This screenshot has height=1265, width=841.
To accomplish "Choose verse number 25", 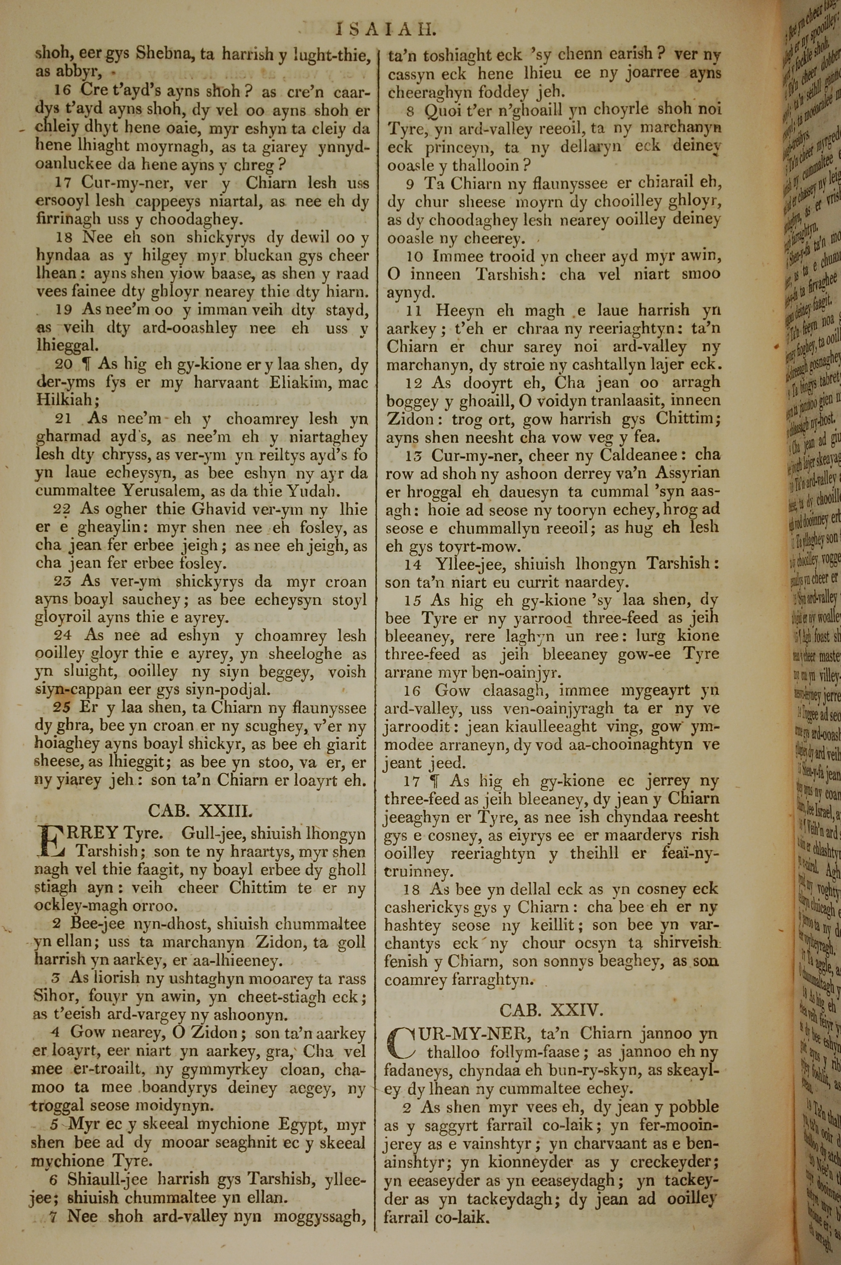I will coord(62,707).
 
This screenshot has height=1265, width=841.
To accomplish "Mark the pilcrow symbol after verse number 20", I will coord(86,365).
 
